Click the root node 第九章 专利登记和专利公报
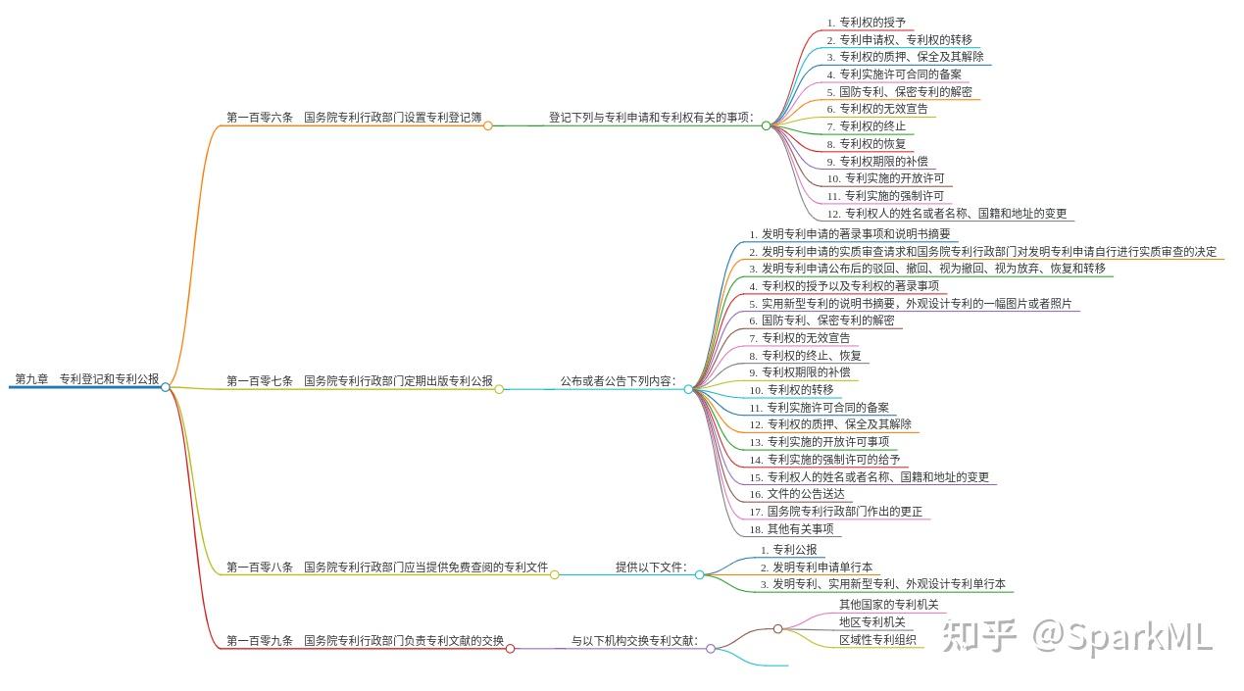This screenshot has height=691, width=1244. coord(86,379)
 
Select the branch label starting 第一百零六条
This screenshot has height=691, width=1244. coord(354,118)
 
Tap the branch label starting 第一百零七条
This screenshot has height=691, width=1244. coord(360,380)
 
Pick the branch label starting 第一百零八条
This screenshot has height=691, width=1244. coord(387,567)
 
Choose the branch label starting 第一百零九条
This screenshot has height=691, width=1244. coord(365,640)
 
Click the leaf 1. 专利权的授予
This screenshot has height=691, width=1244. coord(867,23)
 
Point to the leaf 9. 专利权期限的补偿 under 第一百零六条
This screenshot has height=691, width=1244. coord(877,161)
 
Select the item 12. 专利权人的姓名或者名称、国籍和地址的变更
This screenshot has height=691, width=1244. coord(947,214)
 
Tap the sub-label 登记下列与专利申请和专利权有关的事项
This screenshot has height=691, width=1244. coord(652,118)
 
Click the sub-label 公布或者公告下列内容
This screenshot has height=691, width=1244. coord(619,380)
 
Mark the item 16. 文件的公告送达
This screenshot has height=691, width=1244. coord(797,494)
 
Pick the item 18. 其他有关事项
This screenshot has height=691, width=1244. coord(791,529)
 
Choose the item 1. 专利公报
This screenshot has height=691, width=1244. coord(788,549)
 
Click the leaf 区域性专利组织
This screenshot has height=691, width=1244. coord(877,640)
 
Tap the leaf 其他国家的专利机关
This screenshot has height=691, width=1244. coord(888,605)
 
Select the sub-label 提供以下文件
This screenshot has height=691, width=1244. coord(652,567)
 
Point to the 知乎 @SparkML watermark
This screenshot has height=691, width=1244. coord(1076,636)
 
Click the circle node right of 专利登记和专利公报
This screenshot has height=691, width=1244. coord(166,386)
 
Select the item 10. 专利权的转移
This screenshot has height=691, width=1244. coord(791,390)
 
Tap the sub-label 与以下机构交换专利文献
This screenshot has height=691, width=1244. coord(635,640)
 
